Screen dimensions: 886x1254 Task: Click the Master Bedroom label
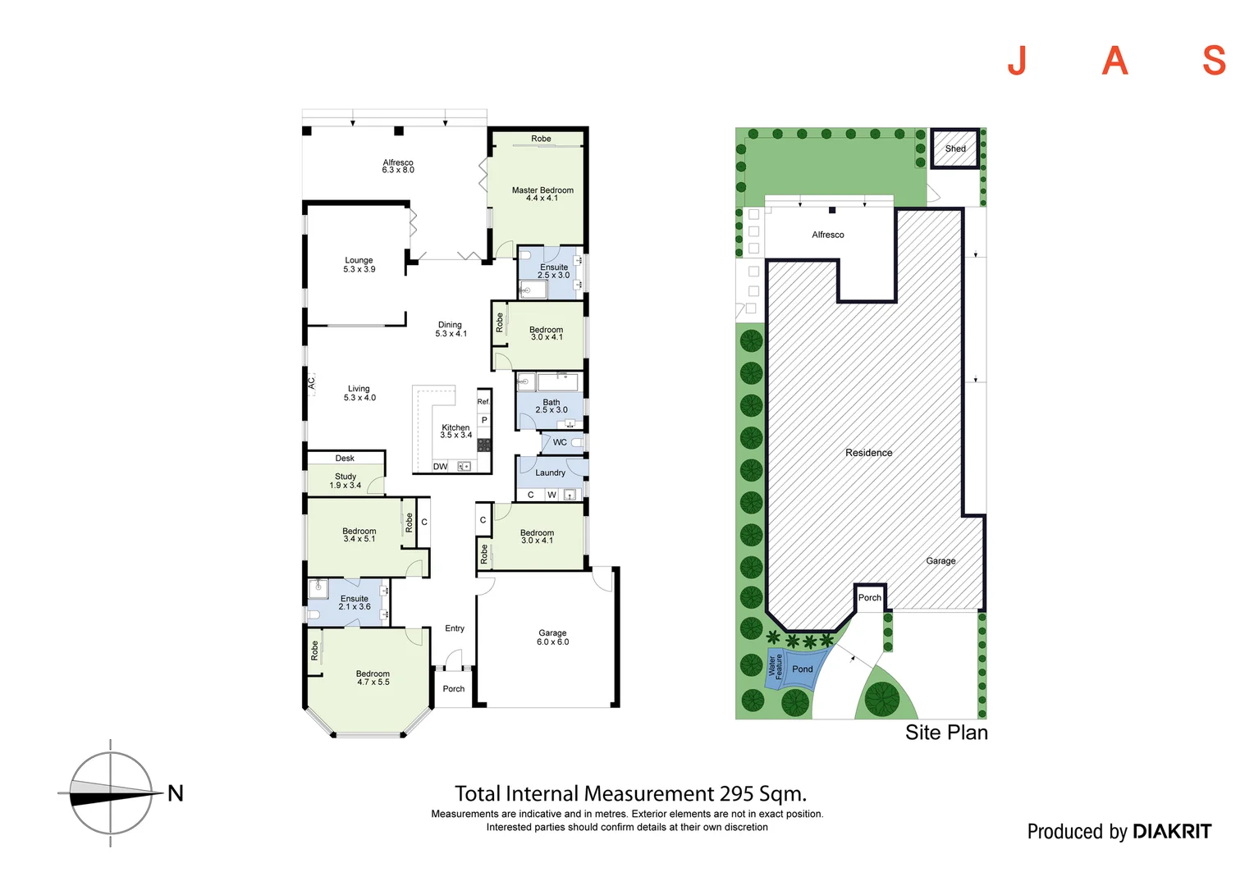pyautogui.click(x=542, y=194)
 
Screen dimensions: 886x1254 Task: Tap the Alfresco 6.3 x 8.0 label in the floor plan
pyautogui.click(x=398, y=167)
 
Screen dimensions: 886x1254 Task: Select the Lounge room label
pyautogui.click(x=359, y=264)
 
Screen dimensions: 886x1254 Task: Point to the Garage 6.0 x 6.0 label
pyautogui.click(x=552, y=637)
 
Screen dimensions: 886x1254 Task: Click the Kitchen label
pyautogui.click(x=455, y=431)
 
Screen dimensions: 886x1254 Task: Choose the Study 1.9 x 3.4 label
pyautogui.click(x=346, y=481)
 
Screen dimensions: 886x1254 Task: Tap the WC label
pyautogui.click(x=560, y=442)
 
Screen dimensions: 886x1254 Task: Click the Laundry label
pyautogui.click(x=550, y=473)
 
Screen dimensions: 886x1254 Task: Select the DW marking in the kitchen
pyautogui.click(x=441, y=467)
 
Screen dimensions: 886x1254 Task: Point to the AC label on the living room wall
pyautogui.click(x=311, y=382)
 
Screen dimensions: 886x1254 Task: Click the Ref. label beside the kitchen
pyautogui.click(x=483, y=401)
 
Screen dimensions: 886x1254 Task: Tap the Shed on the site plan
pyautogui.click(x=955, y=148)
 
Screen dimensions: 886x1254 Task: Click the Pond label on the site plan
pyautogui.click(x=802, y=669)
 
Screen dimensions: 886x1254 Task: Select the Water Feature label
pyautogui.click(x=775, y=665)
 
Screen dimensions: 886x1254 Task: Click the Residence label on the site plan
pyautogui.click(x=868, y=453)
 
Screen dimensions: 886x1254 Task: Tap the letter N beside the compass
pyautogui.click(x=176, y=793)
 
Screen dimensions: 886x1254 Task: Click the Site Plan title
pyautogui.click(x=946, y=733)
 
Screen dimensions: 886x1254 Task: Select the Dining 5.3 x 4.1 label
pyautogui.click(x=451, y=329)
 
